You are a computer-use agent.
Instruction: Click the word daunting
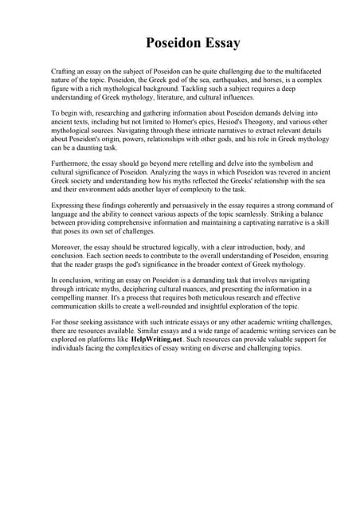pos(90,148)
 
